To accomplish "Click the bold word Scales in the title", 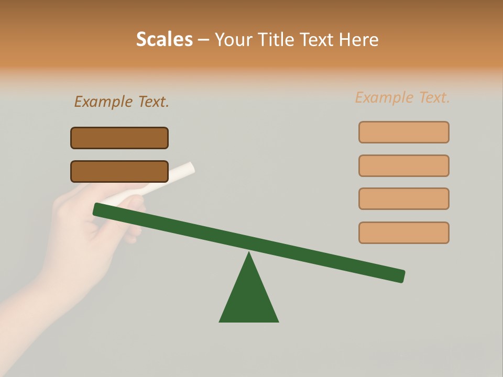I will coord(164,39).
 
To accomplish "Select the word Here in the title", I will coord(358,39).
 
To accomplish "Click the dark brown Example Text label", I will coord(122,102).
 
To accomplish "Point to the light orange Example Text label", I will coord(402,97).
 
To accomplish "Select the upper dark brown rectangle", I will coord(119,138).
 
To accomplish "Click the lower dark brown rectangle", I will coord(119,171).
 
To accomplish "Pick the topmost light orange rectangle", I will coord(403,132).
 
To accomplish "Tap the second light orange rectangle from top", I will coord(403,165).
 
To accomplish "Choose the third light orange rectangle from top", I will coord(403,198).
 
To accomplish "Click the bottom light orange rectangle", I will coord(403,232).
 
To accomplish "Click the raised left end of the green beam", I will coord(98,209).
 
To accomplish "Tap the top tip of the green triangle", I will coord(249,254).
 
